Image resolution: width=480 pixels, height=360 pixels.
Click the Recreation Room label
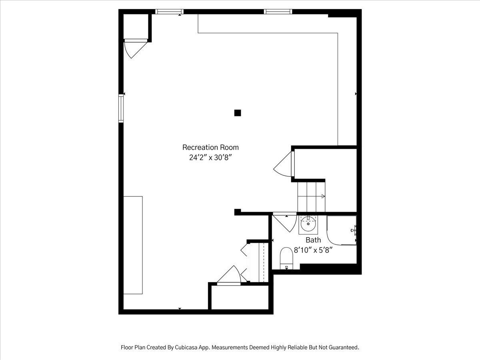pyautogui.click(x=210, y=147)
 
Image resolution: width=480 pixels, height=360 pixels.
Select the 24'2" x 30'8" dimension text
pyautogui.click(x=210, y=157)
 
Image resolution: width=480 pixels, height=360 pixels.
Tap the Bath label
pyautogui.click(x=313, y=240)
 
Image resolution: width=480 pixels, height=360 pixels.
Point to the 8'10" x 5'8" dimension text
pyautogui.click(x=313, y=250)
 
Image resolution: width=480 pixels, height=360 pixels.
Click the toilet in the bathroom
pyautogui.click(x=286, y=258)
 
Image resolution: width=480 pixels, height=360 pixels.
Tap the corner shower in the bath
pyautogui.click(x=342, y=230)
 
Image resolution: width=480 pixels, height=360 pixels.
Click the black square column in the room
pyautogui.click(x=238, y=113)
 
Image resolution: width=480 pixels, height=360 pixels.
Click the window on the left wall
pyautogui.click(x=121, y=108)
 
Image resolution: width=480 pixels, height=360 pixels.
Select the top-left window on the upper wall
pyautogui.click(x=169, y=12)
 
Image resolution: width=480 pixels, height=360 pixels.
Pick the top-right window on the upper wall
pyautogui.click(x=278, y=12)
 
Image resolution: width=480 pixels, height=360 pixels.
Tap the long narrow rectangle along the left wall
pyautogui.click(x=133, y=245)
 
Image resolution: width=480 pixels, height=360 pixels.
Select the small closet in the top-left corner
pyautogui.click(x=136, y=26)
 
